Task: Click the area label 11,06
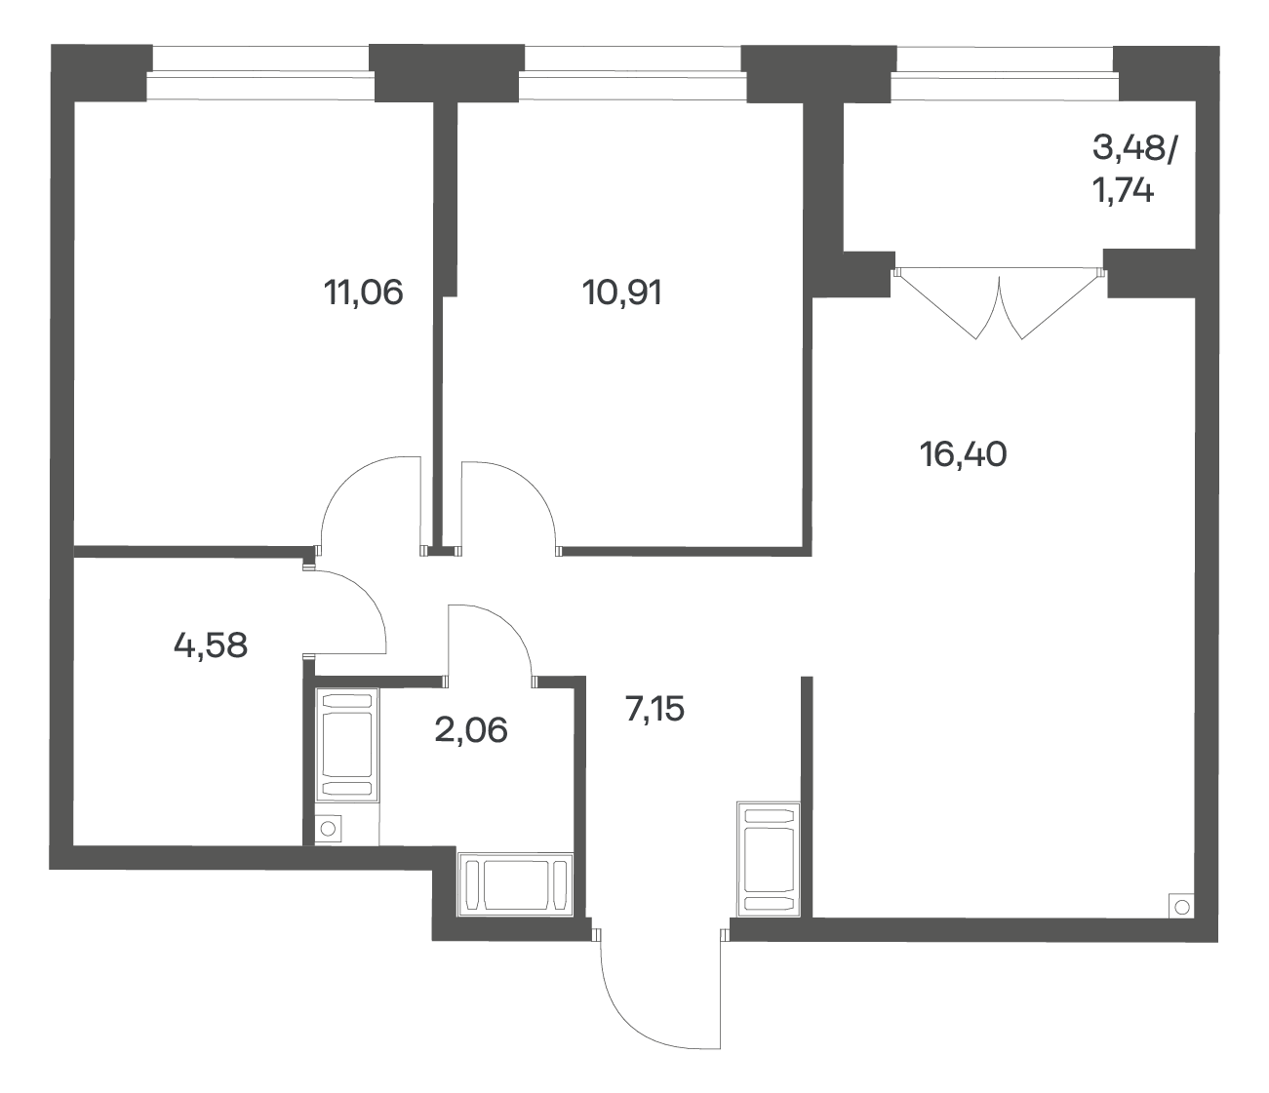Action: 364,293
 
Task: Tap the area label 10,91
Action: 622,293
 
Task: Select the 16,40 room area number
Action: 964,454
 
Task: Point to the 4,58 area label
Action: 211,645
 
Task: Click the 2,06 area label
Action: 471,730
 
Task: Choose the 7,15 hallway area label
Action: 654,709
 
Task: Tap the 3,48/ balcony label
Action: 1135,149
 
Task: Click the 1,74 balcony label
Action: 1123,191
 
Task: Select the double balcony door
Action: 999,303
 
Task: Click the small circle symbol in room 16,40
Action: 1181,907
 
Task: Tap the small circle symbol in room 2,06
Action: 328,829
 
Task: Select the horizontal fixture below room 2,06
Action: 515,885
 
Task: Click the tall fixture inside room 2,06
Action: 347,745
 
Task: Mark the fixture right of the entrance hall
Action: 769,860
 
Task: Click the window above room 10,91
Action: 633,74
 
